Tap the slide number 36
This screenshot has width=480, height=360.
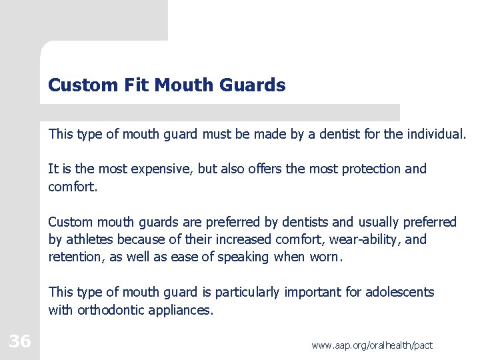tap(20, 342)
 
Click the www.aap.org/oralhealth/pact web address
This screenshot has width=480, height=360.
tap(372, 345)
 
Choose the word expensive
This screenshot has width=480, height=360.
tap(158, 169)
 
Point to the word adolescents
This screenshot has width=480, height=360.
tap(398, 292)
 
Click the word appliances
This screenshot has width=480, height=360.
tap(181, 309)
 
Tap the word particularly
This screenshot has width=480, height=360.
tap(248, 292)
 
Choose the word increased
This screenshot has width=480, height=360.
tap(239, 239)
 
